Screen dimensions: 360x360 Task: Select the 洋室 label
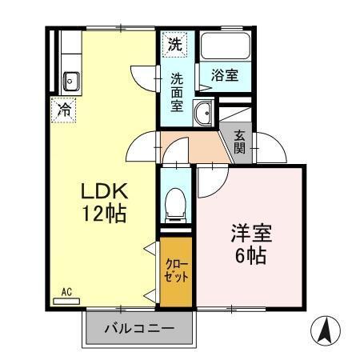(251, 234)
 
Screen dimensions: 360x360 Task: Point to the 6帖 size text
(251, 257)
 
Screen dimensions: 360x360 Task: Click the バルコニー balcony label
(140, 328)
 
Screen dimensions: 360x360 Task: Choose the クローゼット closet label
(176, 271)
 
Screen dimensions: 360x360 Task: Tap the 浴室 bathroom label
(225, 74)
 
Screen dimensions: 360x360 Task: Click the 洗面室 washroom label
(177, 92)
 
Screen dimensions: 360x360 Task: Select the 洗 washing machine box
(174, 45)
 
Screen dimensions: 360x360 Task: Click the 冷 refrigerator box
(62, 110)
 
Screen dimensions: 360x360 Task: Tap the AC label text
(66, 293)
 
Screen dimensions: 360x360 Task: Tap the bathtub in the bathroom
(226, 46)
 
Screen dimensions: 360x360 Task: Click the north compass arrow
(324, 330)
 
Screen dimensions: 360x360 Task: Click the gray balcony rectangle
(140, 329)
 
